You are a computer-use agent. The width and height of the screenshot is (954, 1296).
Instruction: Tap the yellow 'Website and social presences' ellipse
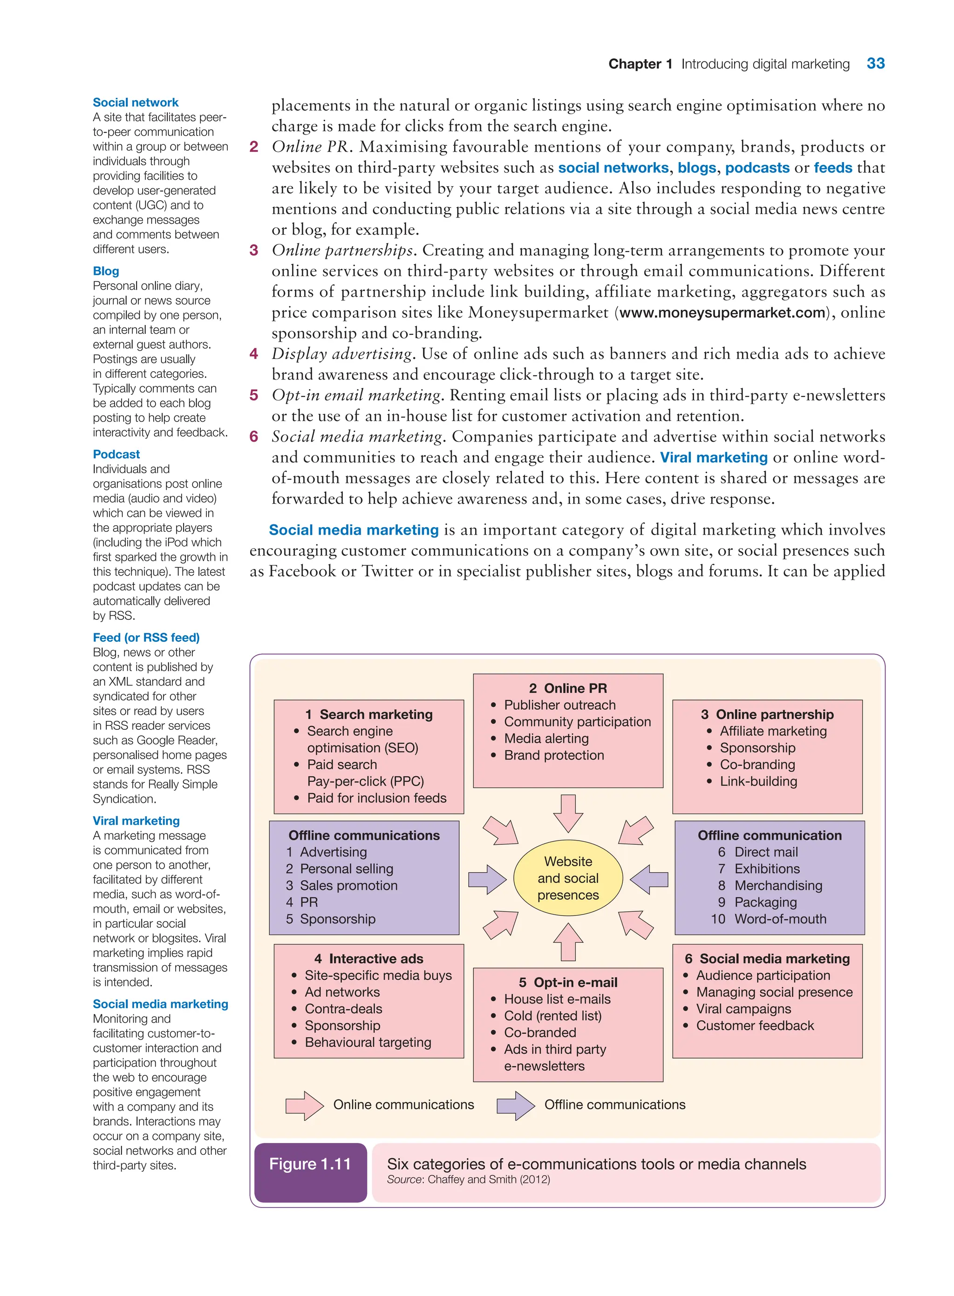(x=568, y=878)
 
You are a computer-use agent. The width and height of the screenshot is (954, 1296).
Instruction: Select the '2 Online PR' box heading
(x=568, y=688)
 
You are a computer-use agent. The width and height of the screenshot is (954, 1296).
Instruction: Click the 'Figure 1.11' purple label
(x=310, y=1164)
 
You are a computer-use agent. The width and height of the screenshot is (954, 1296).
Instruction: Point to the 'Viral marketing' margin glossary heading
(x=136, y=821)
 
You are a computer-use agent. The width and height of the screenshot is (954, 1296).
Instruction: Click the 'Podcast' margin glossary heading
(x=116, y=455)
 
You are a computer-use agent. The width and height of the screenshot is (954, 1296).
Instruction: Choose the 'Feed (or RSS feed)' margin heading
(x=146, y=638)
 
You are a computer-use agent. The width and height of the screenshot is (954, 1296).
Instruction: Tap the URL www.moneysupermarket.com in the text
(x=722, y=313)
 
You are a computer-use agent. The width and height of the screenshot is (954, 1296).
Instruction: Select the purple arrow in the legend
(x=516, y=1106)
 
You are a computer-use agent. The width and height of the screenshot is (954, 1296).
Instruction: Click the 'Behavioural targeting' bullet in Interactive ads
(x=368, y=1042)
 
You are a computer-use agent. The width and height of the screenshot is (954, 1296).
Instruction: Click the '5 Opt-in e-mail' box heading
(x=568, y=983)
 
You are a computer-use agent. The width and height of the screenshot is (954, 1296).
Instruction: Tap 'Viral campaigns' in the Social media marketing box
(x=743, y=1009)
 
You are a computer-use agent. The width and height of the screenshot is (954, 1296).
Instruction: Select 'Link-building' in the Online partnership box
(x=758, y=781)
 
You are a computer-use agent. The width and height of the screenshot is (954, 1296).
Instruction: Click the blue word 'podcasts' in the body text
(x=757, y=168)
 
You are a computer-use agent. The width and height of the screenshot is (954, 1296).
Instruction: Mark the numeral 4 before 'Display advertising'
(x=253, y=354)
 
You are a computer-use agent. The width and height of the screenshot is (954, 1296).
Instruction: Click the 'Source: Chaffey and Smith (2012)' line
(x=468, y=1180)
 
